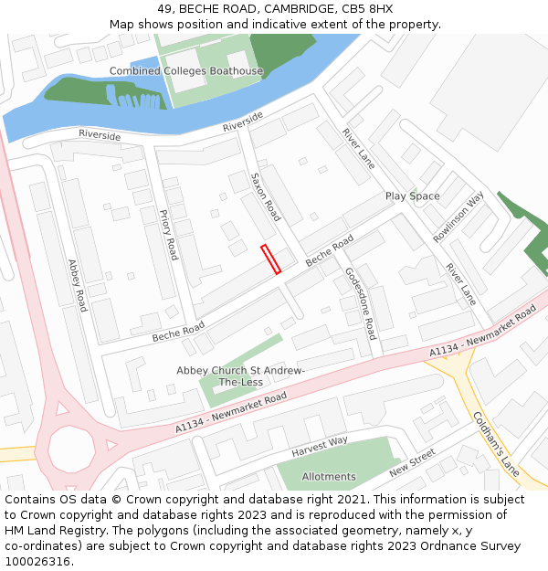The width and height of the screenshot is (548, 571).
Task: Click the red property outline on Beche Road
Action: (270, 259)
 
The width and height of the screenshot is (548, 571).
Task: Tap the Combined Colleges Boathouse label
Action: (186, 71)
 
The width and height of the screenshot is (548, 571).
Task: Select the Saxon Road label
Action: (266, 197)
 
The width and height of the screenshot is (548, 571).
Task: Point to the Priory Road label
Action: (168, 235)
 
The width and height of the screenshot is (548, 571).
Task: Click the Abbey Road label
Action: (77, 285)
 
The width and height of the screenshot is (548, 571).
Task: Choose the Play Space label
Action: (412, 196)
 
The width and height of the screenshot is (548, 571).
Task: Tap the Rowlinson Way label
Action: (458, 217)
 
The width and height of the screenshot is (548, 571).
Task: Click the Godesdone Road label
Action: (360, 303)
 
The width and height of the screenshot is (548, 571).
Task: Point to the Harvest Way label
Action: (320, 448)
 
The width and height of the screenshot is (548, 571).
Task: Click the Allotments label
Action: (329, 477)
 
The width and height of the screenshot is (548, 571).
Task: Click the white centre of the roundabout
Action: (71, 449)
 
